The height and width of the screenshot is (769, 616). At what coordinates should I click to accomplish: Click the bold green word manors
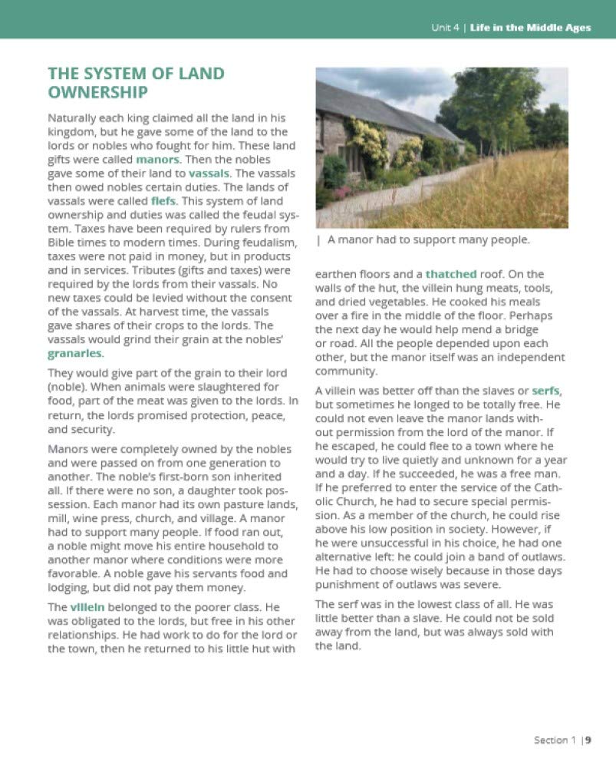pyautogui.click(x=159, y=160)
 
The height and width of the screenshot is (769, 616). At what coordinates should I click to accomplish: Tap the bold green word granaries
pyautogui.click(x=75, y=354)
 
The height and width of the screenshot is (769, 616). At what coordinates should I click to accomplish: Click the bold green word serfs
pyautogui.click(x=567, y=390)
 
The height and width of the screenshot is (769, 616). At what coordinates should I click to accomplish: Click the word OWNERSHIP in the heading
pyautogui.click(x=97, y=92)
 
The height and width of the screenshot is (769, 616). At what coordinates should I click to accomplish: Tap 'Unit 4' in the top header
pyautogui.click(x=445, y=28)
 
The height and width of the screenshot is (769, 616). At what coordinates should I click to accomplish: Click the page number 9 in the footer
pyautogui.click(x=588, y=741)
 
